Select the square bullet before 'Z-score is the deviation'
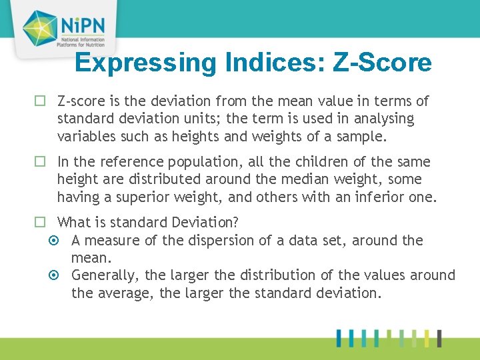pyautogui.click(x=40, y=102)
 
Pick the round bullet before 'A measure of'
pyautogui.click(x=55, y=241)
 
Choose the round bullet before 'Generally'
pyautogui.click(x=55, y=275)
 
